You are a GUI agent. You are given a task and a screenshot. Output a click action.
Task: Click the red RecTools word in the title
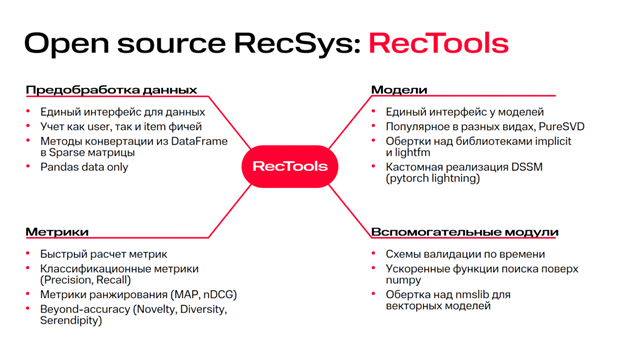(x=439, y=43)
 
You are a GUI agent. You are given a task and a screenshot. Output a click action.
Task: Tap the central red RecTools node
(x=290, y=166)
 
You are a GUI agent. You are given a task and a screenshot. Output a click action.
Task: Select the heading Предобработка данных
(x=111, y=90)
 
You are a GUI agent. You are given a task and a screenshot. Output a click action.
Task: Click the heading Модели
(x=399, y=90)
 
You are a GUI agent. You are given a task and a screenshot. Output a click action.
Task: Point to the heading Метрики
(x=57, y=232)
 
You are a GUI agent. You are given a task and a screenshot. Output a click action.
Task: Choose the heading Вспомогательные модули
(x=465, y=232)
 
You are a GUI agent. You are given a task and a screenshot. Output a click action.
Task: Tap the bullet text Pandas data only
(x=84, y=167)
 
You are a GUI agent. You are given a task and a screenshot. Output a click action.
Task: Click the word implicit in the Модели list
(x=553, y=142)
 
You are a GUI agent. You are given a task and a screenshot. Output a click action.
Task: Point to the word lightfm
(x=413, y=152)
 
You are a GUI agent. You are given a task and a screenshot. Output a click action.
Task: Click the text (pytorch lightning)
(x=433, y=178)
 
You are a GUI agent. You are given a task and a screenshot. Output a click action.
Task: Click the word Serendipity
(x=71, y=321)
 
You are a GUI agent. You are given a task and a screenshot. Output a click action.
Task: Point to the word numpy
(x=403, y=280)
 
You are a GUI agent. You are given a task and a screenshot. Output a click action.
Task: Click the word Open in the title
(x=67, y=44)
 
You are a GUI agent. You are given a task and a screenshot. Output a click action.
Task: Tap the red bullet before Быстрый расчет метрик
(x=28, y=253)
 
